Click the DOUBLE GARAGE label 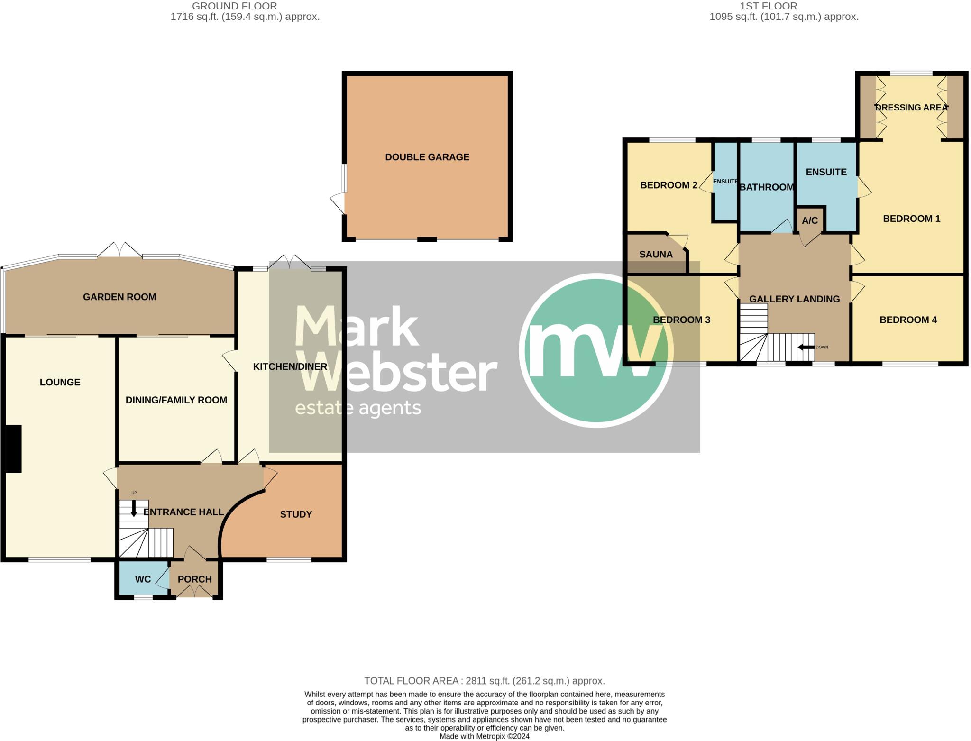coord(427,157)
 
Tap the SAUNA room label coord(656,254)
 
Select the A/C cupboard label coord(810,220)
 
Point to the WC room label coord(143,579)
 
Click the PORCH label coord(194,579)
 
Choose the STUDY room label coord(296,514)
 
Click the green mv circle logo coord(596,350)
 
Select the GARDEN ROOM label coord(119,297)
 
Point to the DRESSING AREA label coord(911,108)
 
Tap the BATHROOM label coord(767,187)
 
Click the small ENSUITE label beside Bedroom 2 coord(725,182)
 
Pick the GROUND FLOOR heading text coord(234,6)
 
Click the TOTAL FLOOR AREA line coord(484,681)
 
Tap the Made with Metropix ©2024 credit coord(484,736)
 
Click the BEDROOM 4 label coord(908,320)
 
